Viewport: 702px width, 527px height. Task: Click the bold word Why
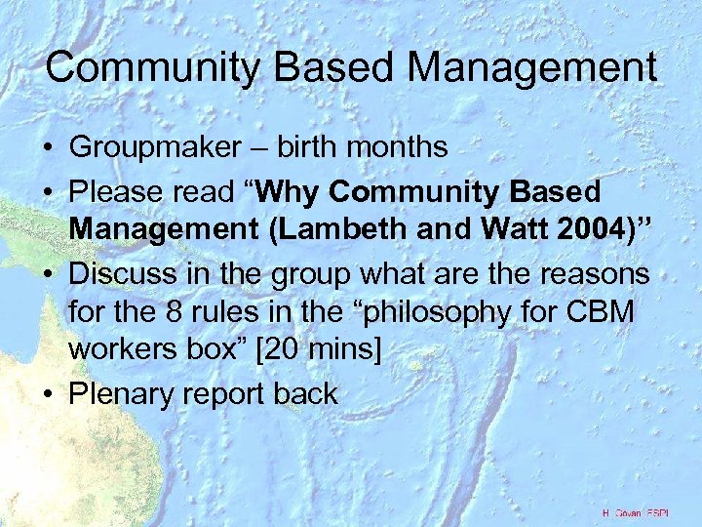[311, 190]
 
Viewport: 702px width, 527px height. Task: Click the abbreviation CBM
[604, 314]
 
